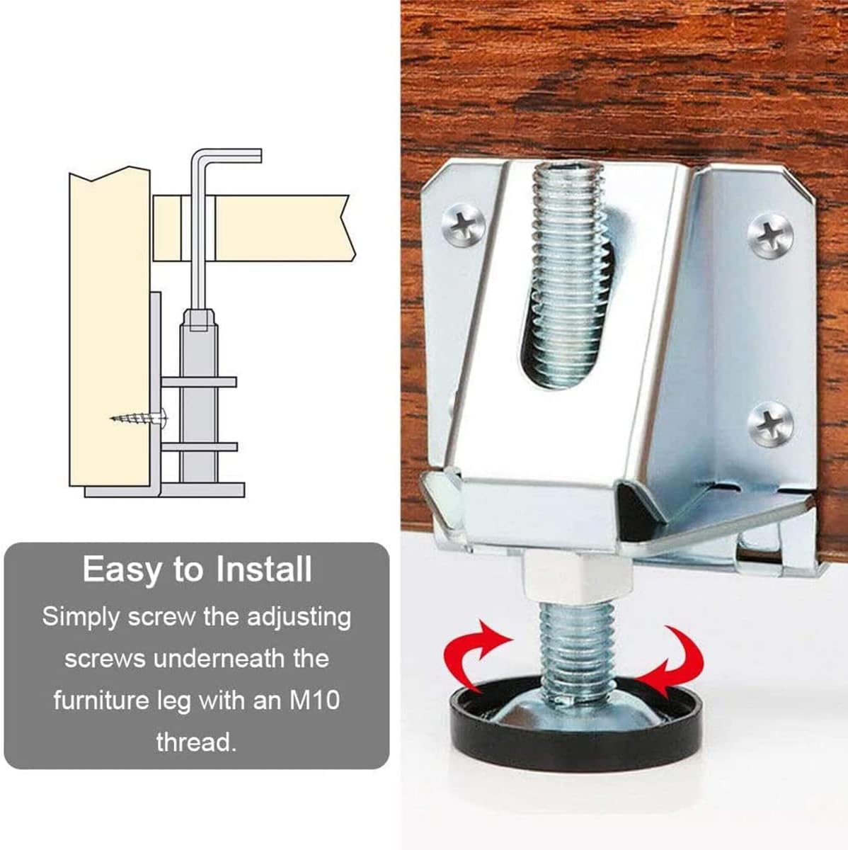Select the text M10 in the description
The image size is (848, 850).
point(315,701)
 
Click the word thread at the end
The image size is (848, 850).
point(195,742)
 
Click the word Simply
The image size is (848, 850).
point(81,617)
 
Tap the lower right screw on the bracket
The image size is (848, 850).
point(770,423)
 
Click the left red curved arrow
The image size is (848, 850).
point(471,651)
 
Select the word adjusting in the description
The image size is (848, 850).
point(299,617)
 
